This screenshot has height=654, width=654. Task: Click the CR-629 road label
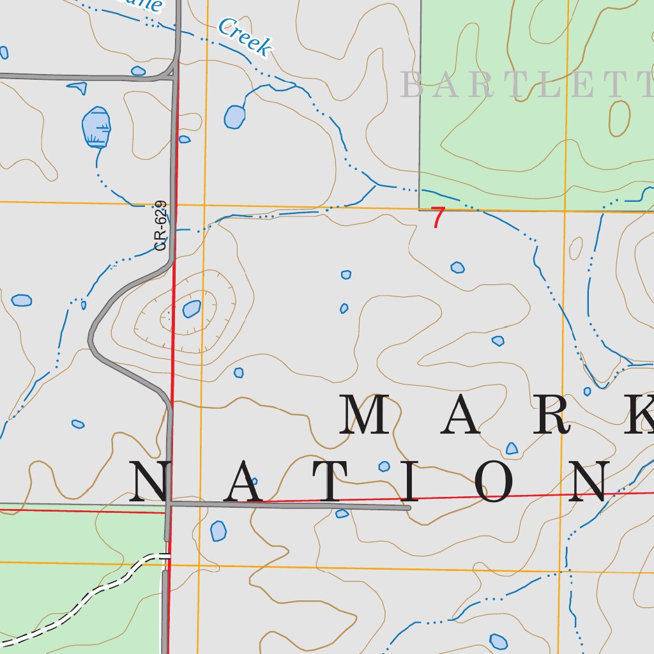pos(160,225)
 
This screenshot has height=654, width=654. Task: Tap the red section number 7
pos(437,218)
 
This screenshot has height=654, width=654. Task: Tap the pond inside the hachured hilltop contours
pos(192,309)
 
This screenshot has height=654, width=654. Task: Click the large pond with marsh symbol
pos(96,127)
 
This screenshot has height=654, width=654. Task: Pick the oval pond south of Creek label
pos(234,116)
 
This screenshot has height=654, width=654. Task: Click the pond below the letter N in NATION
pos(218,530)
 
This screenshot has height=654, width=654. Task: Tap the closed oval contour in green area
pos(619,118)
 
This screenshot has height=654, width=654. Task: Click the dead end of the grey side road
pos(407,508)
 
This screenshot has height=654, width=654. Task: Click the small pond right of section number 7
pos(457,267)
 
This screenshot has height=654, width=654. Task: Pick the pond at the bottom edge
pos(498,641)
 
